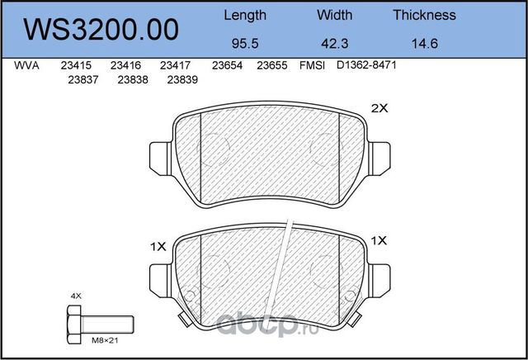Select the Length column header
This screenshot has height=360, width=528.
click(245, 15)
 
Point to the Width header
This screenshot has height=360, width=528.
click(334, 15)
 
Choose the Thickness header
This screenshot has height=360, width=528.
click(424, 15)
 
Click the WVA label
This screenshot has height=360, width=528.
click(28, 66)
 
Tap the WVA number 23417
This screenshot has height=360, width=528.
click(175, 66)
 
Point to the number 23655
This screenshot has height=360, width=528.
click(271, 66)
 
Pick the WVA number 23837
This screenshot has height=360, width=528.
click(83, 80)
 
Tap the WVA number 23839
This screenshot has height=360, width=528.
click(182, 80)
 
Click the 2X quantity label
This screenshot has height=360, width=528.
click(379, 108)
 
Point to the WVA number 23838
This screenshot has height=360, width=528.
click(133, 80)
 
